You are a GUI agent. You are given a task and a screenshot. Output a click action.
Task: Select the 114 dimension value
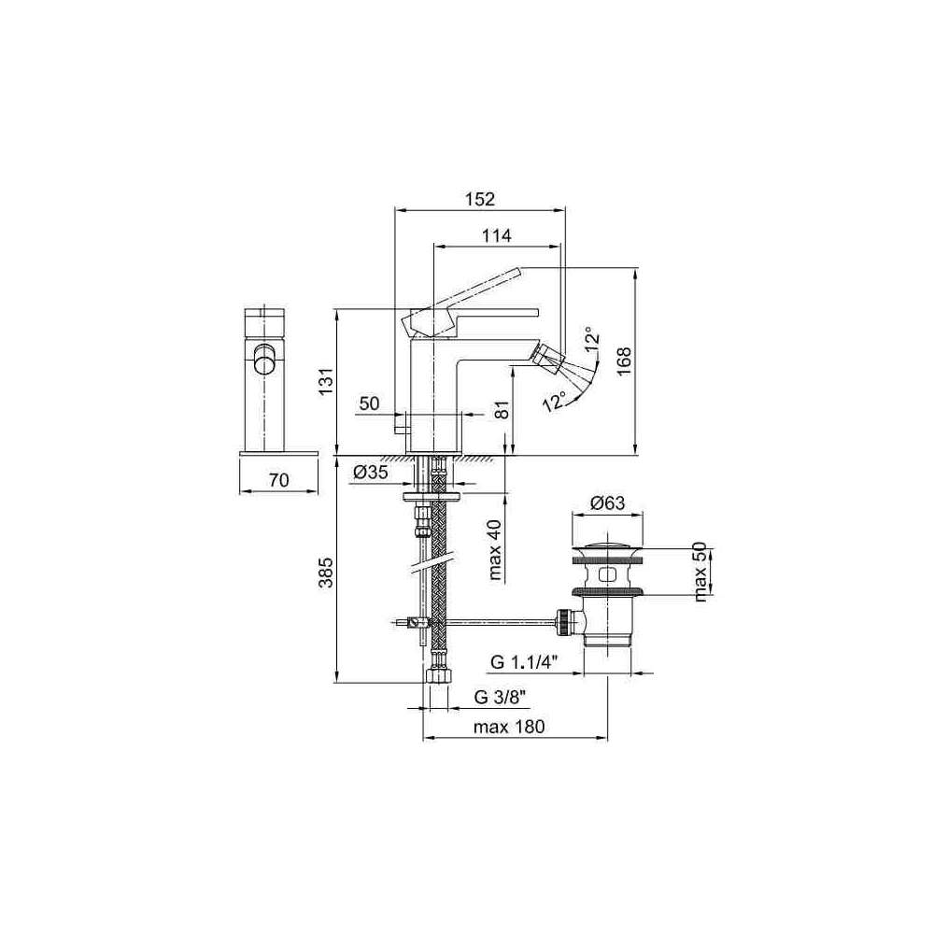496,235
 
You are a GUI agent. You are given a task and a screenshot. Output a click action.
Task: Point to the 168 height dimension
624,361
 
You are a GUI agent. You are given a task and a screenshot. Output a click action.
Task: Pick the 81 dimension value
503,409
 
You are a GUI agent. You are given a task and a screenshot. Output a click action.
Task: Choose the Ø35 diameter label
371,473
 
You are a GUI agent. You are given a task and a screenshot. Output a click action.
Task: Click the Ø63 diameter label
608,503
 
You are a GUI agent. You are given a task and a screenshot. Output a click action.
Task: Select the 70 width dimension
278,479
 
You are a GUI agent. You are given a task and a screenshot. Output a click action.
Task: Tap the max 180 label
509,727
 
